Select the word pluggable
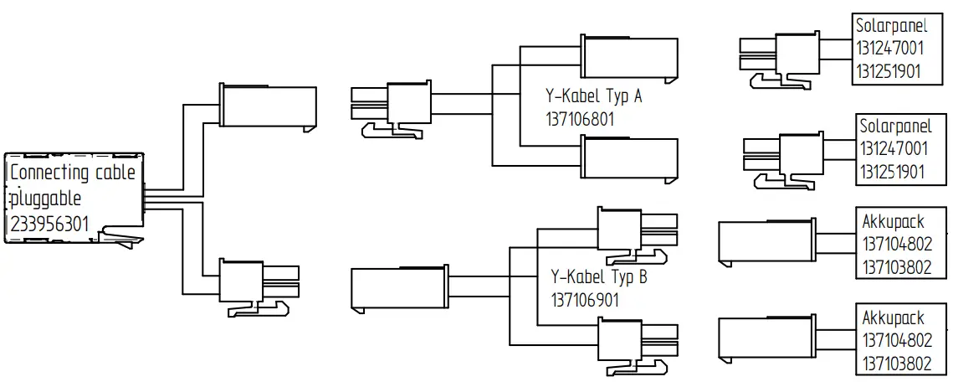click(x=46, y=199)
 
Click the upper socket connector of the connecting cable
click(x=268, y=106)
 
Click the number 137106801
click(x=579, y=119)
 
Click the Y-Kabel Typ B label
click(x=598, y=277)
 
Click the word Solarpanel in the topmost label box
click(x=891, y=27)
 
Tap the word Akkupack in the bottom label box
click(x=893, y=319)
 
